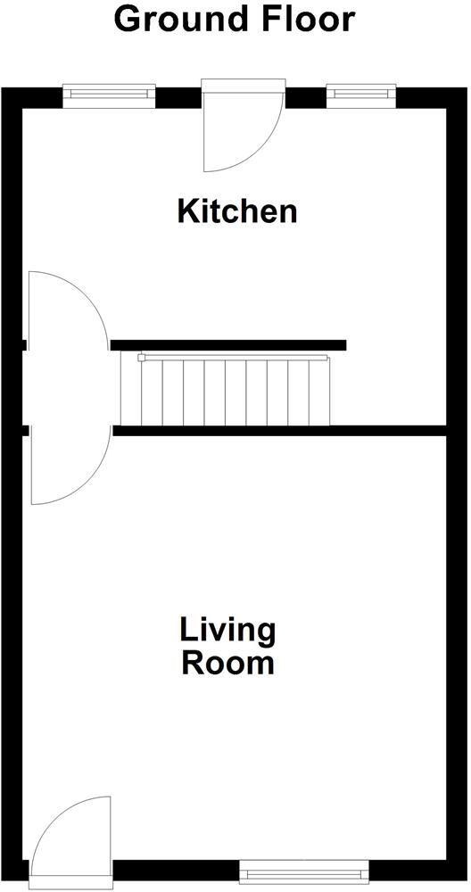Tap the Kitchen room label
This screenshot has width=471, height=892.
pyautogui.click(x=236, y=212)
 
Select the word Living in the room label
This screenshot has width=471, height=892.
pyautogui.click(x=228, y=631)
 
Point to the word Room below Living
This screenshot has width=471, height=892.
pyautogui.click(x=228, y=664)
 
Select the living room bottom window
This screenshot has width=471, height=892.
pyautogui.click(x=304, y=866)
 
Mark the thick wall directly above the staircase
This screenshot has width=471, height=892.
pyautogui.click(x=228, y=345)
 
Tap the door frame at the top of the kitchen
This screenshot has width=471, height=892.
pyautogui.click(x=243, y=85)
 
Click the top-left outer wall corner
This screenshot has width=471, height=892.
pyautogui.click(x=11, y=96)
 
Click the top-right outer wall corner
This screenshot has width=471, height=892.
pyautogui.click(x=456, y=96)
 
